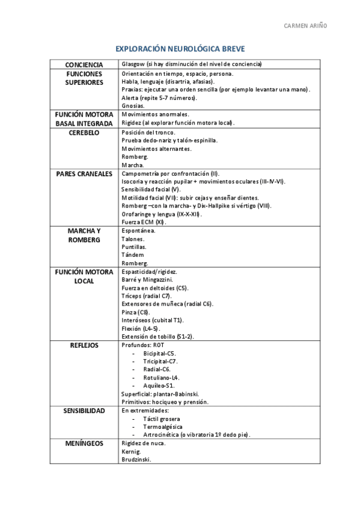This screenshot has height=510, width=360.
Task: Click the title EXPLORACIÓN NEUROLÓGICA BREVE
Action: [x=180, y=50]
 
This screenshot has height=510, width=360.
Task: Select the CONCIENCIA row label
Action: [x=84, y=64]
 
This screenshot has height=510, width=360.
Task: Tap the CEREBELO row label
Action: [x=84, y=132]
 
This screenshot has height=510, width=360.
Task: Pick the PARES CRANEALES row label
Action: [x=84, y=173]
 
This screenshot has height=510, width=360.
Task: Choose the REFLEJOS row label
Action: [x=84, y=345]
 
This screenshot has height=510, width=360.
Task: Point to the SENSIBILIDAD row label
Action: [x=84, y=411]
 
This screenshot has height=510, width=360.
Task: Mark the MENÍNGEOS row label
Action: [x=84, y=444]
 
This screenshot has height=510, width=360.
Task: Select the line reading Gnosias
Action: [x=133, y=105]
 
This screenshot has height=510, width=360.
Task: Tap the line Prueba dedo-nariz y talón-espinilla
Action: [x=169, y=140]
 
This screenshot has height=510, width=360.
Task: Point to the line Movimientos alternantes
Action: [x=156, y=149]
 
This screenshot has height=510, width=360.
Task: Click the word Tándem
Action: [x=133, y=255]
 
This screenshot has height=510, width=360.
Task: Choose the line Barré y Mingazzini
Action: [x=147, y=280]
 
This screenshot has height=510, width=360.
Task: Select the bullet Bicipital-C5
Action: [x=160, y=353]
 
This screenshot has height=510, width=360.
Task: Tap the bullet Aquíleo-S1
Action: [x=159, y=386]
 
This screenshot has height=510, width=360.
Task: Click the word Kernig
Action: [x=131, y=452]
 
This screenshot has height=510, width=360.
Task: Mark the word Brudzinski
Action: [x=136, y=460]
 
